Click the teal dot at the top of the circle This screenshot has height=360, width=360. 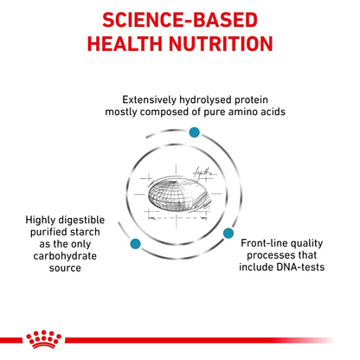(x=194, y=131)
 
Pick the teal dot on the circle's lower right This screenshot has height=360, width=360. (x=229, y=233)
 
